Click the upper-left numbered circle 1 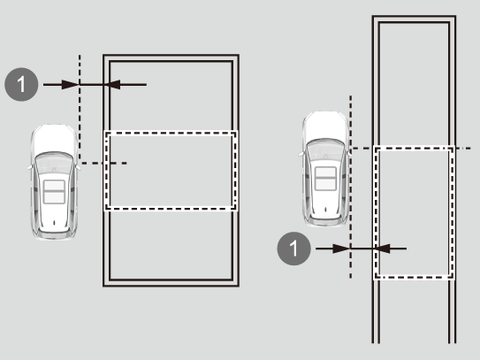coord(21,84)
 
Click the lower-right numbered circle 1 coord(293,249)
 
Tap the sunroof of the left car coord(54,192)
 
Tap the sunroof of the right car coord(326,179)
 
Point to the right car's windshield coord(325,149)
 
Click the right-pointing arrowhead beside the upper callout coord(71,85)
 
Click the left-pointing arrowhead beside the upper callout coord(111,85)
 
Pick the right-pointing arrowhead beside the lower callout coord(341,249)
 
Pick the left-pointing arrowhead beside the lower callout coord(381,249)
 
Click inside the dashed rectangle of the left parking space coord(171,171)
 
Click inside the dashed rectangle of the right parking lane coord(414,213)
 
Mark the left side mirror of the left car coord(30,167)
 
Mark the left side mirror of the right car coord(301,154)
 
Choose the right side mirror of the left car coord(79,167)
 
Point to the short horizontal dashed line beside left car coord(104,164)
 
